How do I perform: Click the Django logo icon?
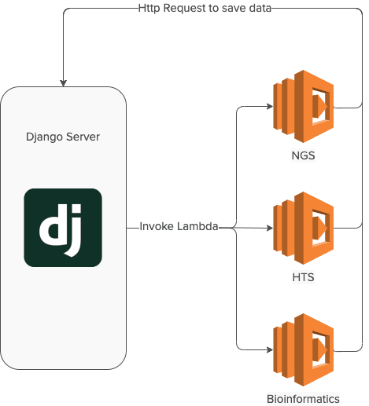pyautogui.click(x=63, y=228)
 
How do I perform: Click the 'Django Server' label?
pyautogui.click(x=63, y=137)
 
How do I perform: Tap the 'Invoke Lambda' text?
pyautogui.click(x=179, y=226)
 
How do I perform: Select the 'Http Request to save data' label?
pyautogui.click(x=205, y=8)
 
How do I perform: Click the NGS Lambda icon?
pyautogui.click(x=303, y=106)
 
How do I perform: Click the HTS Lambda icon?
pyautogui.click(x=303, y=228)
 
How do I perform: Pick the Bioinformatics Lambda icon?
pyautogui.click(x=303, y=349)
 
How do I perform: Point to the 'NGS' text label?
pyautogui.click(x=303, y=155)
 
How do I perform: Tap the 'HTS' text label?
pyautogui.click(x=303, y=277)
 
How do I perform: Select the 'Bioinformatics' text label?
pyautogui.click(x=303, y=399)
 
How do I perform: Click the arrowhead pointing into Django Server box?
pyautogui.click(x=63, y=83)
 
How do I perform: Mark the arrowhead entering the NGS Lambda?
pyautogui.click(x=270, y=106)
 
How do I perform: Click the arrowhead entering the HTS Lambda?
pyautogui.click(x=270, y=228)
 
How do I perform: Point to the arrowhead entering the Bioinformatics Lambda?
pyautogui.click(x=270, y=349)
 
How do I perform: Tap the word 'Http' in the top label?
pyautogui.click(x=149, y=9)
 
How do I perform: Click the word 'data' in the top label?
pyautogui.click(x=260, y=8)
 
